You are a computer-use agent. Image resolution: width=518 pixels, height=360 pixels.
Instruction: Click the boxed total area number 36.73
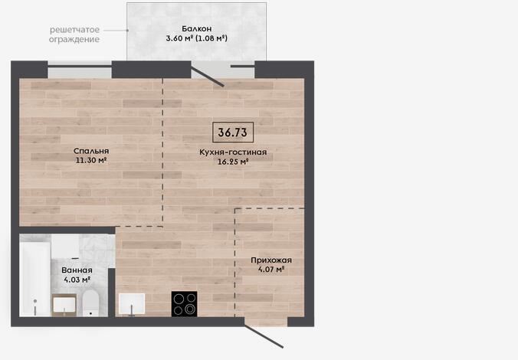click(x=233, y=133)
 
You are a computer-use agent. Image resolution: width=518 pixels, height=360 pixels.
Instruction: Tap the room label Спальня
click(x=91, y=151)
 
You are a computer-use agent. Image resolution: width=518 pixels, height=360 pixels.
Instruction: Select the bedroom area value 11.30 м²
click(x=91, y=161)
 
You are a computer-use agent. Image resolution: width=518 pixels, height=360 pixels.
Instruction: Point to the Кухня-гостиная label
click(x=233, y=152)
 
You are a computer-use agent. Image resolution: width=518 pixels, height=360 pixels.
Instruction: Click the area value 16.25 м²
click(x=233, y=162)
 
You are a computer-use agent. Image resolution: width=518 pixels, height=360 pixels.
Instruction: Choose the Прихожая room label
click(x=271, y=260)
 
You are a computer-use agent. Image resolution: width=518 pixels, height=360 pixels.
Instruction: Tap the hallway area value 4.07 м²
click(x=271, y=269)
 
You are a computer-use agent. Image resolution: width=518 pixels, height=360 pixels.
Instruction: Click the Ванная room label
click(x=77, y=270)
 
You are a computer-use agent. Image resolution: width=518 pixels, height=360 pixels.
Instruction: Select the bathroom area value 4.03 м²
click(x=77, y=280)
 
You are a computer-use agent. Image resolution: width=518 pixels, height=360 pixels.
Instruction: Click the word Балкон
click(x=197, y=29)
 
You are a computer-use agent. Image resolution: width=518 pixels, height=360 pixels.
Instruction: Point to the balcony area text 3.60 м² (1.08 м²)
click(x=197, y=38)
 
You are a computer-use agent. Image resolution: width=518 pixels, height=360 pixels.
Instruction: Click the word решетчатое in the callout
click(x=74, y=30)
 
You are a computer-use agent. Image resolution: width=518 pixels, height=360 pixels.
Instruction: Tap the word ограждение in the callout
click(x=74, y=39)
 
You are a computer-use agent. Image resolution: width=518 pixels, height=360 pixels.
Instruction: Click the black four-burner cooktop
click(x=185, y=304)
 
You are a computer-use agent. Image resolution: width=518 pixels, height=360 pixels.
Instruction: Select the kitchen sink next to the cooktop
click(x=132, y=304)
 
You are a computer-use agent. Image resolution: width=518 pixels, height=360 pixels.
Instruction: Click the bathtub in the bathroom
click(x=34, y=279)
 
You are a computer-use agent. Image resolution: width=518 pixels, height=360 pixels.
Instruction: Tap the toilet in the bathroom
click(x=90, y=303)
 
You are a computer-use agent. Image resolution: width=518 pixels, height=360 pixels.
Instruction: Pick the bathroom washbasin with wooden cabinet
click(x=64, y=305)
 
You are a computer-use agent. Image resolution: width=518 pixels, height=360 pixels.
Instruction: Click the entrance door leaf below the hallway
click(x=264, y=336)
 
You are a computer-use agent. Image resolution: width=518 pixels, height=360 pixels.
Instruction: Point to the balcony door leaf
click(x=208, y=77)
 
